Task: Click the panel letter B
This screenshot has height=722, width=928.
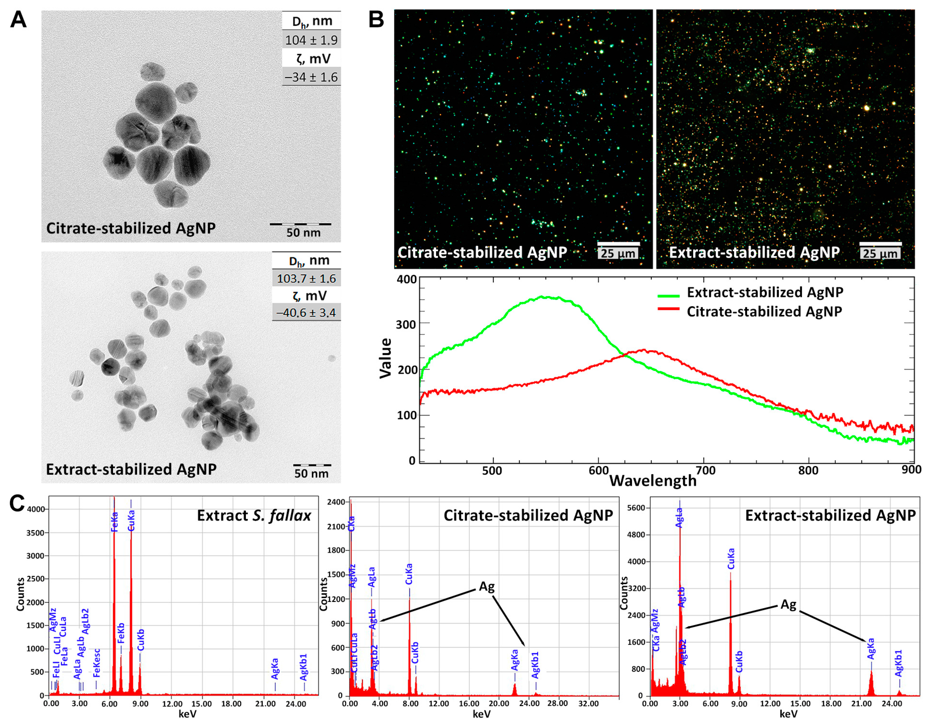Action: (x=376, y=20)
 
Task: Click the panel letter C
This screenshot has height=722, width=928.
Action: (x=17, y=503)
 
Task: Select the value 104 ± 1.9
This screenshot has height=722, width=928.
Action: (x=311, y=40)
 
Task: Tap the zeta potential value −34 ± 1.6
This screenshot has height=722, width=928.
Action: (x=311, y=77)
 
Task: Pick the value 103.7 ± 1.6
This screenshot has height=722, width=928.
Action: (x=306, y=279)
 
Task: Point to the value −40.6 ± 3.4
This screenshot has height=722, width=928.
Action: (x=306, y=313)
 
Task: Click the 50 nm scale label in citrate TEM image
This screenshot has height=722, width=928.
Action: (x=303, y=233)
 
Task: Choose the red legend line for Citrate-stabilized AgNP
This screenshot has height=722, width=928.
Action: (x=668, y=309)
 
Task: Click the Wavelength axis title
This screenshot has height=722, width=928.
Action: (x=653, y=481)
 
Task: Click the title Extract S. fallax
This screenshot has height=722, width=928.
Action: (x=254, y=515)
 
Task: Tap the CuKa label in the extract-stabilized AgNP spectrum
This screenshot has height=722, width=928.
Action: (x=731, y=559)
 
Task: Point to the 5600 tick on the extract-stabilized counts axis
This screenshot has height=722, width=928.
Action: (x=636, y=508)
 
